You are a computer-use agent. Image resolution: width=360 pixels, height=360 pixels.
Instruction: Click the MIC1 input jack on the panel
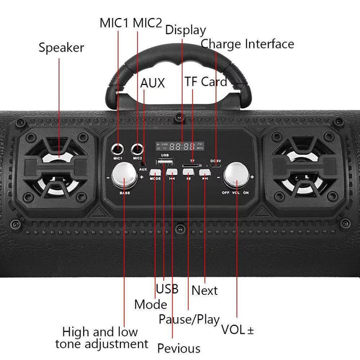pos(118,150)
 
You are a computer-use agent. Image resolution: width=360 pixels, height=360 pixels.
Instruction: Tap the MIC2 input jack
pos(137,150)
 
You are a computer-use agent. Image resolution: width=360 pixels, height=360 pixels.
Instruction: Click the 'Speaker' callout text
pos(61,47)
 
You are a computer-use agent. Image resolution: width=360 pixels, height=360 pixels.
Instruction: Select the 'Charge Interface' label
pos(247,43)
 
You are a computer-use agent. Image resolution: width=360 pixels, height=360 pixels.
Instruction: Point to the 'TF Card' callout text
pos(205,82)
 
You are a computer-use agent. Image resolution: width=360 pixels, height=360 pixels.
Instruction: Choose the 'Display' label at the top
pos(185,29)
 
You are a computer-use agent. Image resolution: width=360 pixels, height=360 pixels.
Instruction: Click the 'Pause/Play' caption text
pos(189,320)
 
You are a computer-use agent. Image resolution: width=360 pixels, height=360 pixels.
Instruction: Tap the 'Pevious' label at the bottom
pos(179,348)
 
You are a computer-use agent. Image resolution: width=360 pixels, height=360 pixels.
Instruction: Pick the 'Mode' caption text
pos(151,304)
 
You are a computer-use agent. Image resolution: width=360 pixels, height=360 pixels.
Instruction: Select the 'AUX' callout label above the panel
pos(153,83)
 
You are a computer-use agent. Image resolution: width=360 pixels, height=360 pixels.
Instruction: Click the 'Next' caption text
pos(205,290)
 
